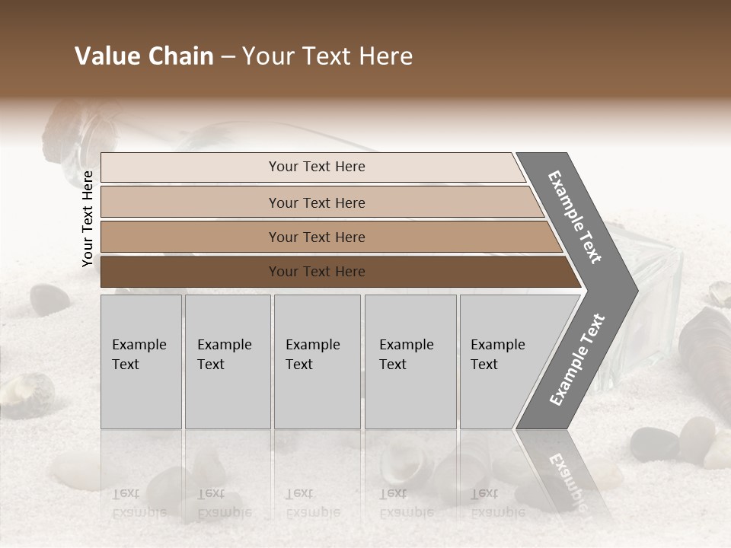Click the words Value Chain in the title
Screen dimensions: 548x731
(144, 56)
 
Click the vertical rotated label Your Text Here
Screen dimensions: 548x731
(88, 218)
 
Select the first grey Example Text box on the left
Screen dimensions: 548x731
(141, 362)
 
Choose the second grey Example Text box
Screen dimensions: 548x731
(228, 362)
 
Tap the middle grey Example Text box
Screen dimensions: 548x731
(317, 362)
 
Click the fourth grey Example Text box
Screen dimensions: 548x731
(410, 362)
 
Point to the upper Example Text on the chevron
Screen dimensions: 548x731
(575, 218)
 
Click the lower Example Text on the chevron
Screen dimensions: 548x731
(577, 359)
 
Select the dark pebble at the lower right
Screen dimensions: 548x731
(654, 444)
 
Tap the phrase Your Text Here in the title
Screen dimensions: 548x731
(327, 56)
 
